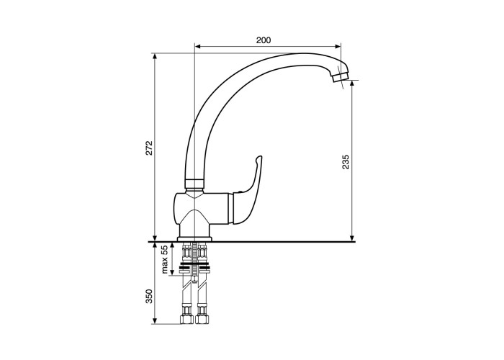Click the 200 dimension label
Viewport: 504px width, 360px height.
pos(264,40)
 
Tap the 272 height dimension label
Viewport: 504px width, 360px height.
pos(149,148)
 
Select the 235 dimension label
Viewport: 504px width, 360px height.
pos(345,162)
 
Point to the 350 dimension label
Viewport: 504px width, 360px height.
pos(149,297)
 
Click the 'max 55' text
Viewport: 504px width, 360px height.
pos(165,259)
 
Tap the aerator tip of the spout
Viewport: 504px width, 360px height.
pos(341,77)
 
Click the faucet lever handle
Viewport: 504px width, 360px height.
pos(248,192)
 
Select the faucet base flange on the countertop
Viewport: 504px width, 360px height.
pos(195,239)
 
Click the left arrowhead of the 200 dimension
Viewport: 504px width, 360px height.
pos(198,47)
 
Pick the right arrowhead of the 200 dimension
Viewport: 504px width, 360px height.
pos(338,47)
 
